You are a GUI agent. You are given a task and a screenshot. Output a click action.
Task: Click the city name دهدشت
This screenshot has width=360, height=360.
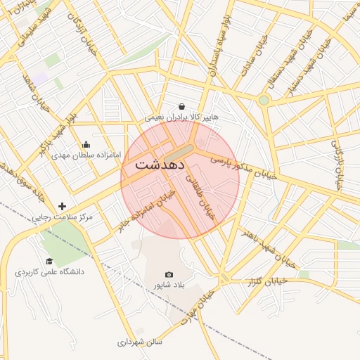[160, 165]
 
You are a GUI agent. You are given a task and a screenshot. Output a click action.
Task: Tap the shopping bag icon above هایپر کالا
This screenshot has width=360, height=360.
[182, 106]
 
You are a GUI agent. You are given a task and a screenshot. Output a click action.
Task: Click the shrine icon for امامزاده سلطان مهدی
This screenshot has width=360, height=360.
[86, 145]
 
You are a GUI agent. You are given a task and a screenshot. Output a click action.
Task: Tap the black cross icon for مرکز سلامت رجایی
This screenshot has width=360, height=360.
[63, 206]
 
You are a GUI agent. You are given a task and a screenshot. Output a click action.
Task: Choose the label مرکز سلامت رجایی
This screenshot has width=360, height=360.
[62, 217]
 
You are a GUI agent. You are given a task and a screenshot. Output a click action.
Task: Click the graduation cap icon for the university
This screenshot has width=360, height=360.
[49, 261]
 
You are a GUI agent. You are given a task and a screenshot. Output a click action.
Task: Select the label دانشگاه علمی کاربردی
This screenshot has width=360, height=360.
[50, 271]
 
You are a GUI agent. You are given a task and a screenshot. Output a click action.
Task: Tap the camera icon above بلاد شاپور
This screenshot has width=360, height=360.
[169, 274]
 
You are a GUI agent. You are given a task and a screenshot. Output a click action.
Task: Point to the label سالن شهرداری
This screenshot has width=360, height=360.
[140, 342]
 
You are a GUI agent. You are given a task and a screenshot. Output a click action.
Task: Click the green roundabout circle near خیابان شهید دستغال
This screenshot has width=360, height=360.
[264, 101]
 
